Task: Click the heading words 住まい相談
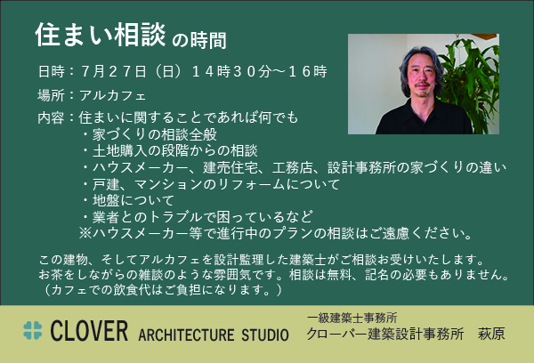pyautogui.click(x=101, y=35)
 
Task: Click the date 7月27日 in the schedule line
pyautogui.click(x=114, y=71)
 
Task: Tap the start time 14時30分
pyautogui.click(x=231, y=71)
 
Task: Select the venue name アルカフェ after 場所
pyautogui.click(x=113, y=95)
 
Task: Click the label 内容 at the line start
pyautogui.click(x=51, y=117)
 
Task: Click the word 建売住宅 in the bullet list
pyautogui.click(x=231, y=167)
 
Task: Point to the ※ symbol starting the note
pyautogui.click(x=85, y=233)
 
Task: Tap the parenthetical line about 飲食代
pyautogui.click(x=160, y=290)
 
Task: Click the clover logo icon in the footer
pyautogui.click(x=33, y=330)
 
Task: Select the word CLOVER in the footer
pyautogui.click(x=90, y=331)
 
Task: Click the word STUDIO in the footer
pyautogui.click(x=265, y=335)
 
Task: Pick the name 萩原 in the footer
pyautogui.click(x=491, y=334)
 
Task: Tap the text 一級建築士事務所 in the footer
pyautogui.click(x=352, y=318)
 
